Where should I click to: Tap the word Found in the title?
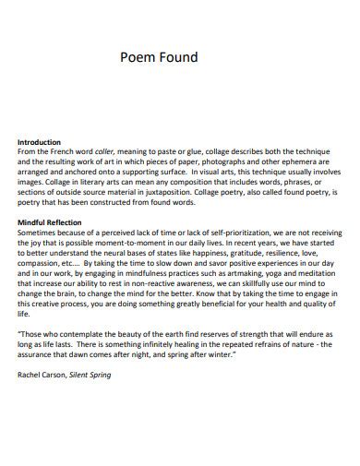[x=178, y=57]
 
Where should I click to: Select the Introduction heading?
[x=43, y=142]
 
